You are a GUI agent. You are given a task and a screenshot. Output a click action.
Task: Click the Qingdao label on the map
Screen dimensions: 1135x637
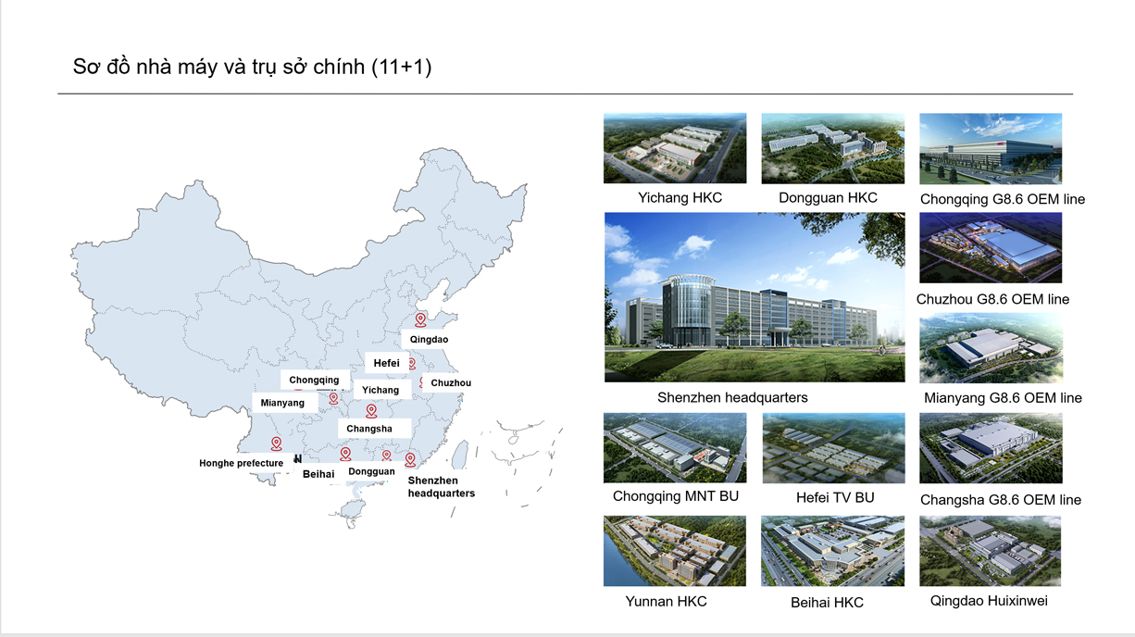tap(429, 339)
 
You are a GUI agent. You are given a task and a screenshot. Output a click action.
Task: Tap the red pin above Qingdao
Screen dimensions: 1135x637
tap(420, 319)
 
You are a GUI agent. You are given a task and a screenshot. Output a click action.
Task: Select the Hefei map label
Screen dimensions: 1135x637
tap(386, 363)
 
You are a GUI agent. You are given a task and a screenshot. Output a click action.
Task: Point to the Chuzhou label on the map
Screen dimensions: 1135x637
tap(451, 382)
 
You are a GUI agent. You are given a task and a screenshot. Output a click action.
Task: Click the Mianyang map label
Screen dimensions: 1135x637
tap(282, 403)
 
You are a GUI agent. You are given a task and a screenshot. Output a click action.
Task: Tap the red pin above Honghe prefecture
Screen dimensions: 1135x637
tap(276, 443)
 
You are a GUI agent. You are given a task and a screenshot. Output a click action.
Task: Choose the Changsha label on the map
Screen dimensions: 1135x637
tap(368, 429)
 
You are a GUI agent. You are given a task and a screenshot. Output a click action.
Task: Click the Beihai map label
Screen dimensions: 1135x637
tap(318, 474)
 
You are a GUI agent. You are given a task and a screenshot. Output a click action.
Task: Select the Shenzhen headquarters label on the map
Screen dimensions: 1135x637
tap(442, 486)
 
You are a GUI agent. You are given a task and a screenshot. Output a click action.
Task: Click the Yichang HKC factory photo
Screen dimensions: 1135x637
tap(675, 148)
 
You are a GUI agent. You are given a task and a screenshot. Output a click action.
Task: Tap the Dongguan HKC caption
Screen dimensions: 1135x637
tap(828, 197)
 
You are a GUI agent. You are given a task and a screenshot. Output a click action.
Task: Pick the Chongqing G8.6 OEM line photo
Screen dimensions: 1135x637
tap(991, 148)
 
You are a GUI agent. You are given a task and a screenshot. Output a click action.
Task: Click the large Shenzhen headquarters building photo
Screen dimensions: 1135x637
tap(755, 297)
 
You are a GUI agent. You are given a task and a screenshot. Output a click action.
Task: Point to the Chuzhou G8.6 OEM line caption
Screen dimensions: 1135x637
tap(992, 299)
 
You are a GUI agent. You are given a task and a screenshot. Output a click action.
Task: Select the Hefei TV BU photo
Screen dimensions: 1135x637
tap(833, 448)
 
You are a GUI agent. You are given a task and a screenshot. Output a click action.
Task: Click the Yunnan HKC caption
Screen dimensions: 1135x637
tap(666, 602)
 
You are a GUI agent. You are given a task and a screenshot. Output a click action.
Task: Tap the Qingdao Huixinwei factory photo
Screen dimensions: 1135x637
tap(990, 551)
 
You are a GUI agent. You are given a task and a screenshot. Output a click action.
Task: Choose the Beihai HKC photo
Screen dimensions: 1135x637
tap(832, 552)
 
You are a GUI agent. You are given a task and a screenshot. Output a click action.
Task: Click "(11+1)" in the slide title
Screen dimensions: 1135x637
tap(401, 67)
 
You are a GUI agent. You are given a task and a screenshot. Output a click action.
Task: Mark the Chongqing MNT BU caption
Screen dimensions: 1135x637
tap(676, 496)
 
